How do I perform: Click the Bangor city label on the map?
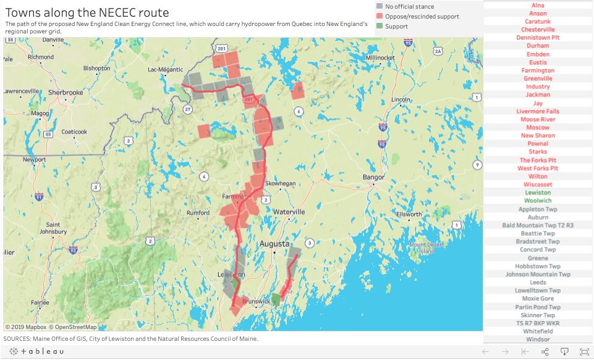[x=373, y=178]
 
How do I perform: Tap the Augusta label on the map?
[x=274, y=244]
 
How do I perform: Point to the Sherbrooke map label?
[x=66, y=92]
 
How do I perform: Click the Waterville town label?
[x=289, y=212]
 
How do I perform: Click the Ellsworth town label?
[x=409, y=215]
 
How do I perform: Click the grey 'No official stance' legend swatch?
[x=379, y=6]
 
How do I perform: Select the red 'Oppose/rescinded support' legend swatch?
[x=379, y=16]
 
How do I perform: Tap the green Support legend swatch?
[x=379, y=27]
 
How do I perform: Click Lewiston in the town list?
[x=538, y=192]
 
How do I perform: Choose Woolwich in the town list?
[x=538, y=200]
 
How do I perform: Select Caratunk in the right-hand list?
[x=538, y=21]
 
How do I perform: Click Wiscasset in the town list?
[x=538, y=184]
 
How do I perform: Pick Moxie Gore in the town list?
[x=538, y=299]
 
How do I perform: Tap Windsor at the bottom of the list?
[x=538, y=340]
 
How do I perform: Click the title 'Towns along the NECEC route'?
[x=87, y=12]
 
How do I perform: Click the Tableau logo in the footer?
[x=36, y=351]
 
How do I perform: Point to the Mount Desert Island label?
[x=423, y=248]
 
